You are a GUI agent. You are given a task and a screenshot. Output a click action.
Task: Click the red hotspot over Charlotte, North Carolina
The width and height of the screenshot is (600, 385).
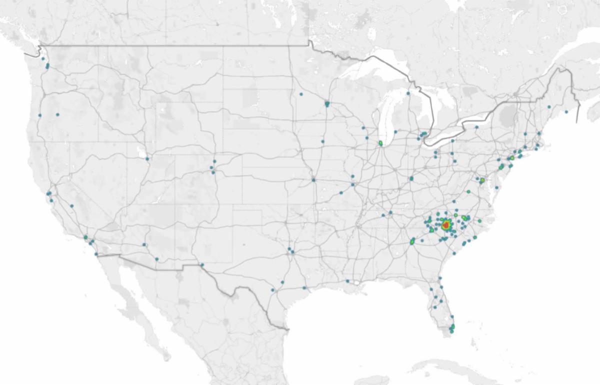click(445, 226)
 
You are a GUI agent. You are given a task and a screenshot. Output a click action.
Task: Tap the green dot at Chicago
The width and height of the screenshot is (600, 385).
click(380, 143)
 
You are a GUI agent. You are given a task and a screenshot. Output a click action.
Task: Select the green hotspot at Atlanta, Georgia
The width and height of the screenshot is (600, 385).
click(412, 241)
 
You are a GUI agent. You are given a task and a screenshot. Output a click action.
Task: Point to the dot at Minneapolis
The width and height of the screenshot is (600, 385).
click(327, 104)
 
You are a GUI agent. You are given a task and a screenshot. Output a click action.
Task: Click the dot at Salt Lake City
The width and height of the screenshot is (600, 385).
click(147, 159)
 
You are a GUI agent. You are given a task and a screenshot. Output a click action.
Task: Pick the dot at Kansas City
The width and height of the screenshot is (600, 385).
click(313, 179)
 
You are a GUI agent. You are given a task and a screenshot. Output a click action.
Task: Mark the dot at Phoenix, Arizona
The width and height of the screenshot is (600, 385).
click(144, 244)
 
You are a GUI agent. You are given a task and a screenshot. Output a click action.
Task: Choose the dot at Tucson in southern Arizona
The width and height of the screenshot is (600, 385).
click(156, 259)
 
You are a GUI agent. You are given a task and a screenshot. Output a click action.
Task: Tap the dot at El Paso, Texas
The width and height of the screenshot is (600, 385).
click(202, 264)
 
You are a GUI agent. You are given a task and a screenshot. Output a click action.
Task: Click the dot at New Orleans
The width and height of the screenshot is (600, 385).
click(347, 281)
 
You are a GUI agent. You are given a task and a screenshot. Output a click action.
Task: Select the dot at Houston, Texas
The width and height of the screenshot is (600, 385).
click(304, 288)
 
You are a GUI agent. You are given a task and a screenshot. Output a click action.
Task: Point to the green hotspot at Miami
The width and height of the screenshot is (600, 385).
click(452, 327)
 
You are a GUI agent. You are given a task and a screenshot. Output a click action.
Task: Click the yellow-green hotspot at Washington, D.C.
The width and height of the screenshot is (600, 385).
click(482, 179)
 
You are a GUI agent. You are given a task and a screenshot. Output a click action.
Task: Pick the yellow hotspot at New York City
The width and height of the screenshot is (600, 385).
click(512, 158)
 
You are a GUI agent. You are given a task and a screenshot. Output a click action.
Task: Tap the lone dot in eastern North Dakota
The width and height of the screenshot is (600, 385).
click(301, 94)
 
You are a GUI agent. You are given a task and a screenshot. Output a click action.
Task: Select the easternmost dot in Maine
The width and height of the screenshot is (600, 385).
click(566, 111)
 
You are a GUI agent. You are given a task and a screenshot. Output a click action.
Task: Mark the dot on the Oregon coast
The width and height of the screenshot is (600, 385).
click(39, 115)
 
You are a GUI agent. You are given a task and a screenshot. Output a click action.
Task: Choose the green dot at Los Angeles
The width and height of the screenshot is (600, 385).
click(85, 237)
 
